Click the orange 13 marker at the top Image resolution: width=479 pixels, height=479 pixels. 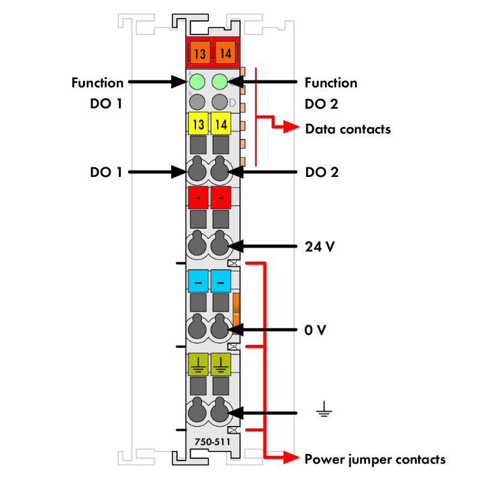[x=200, y=53]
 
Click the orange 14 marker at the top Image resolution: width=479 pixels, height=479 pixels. [x=224, y=53]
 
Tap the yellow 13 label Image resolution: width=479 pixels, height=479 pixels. [x=199, y=123]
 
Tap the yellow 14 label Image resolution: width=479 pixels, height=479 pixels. [x=220, y=123]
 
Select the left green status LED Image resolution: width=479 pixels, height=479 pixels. [x=197, y=82]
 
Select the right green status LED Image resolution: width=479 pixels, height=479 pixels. [x=220, y=82]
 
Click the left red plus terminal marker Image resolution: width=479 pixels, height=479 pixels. [x=199, y=199]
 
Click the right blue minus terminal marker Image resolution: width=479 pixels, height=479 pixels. [x=221, y=281]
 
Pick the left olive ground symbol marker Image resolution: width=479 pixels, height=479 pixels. [x=199, y=364]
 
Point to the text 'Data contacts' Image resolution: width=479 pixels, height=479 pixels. [x=348, y=129]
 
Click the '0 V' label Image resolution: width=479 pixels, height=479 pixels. [x=316, y=331]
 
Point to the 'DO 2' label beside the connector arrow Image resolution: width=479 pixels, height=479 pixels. [x=322, y=172]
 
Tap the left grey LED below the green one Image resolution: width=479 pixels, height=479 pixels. [x=197, y=101]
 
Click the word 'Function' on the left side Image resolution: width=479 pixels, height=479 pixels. [x=98, y=83]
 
